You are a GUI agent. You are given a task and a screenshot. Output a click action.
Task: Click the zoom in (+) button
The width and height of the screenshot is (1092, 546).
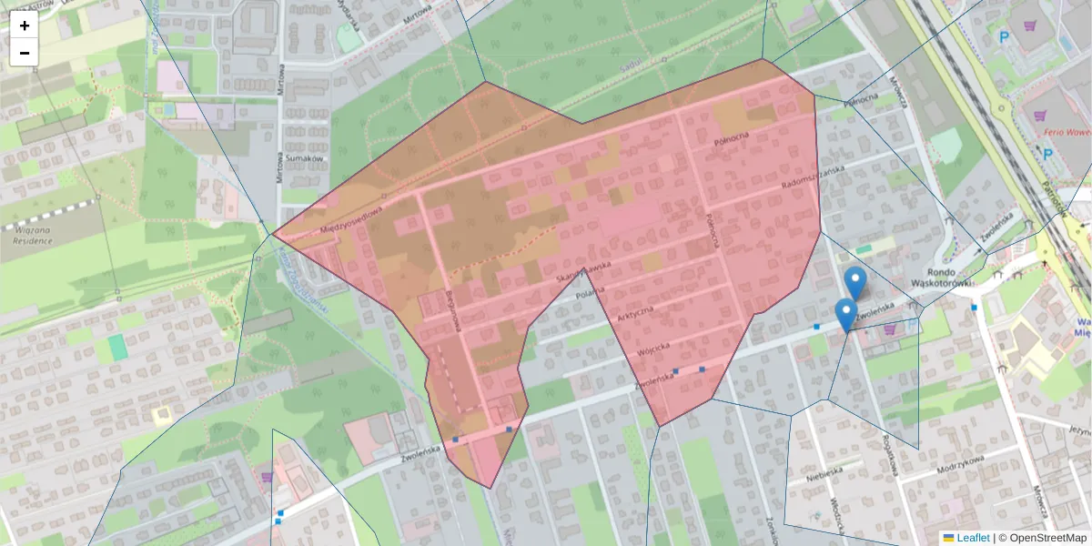click(25, 25)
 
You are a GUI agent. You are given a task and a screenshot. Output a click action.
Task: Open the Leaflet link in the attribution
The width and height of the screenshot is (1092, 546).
click(973, 538)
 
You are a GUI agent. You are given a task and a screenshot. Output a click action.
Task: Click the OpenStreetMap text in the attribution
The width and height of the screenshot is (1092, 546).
click(1047, 538)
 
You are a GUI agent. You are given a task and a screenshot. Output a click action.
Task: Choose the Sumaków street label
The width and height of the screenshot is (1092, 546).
click(304, 158)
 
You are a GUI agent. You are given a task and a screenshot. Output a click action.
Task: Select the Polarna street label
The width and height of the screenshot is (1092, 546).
click(591, 294)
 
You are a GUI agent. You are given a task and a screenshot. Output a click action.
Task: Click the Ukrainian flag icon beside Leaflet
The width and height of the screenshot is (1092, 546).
click(948, 538)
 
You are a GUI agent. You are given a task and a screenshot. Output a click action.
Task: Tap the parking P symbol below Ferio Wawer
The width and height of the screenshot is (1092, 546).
click(1046, 154)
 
